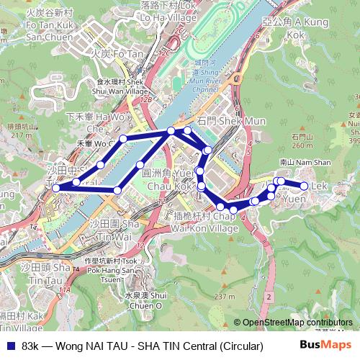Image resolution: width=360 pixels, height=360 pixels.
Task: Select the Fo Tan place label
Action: click(x=118, y=53)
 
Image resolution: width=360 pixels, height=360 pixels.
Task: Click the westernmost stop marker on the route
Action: click(x=55, y=189)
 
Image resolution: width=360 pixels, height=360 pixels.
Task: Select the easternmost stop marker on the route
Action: click(x=304, y=186)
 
